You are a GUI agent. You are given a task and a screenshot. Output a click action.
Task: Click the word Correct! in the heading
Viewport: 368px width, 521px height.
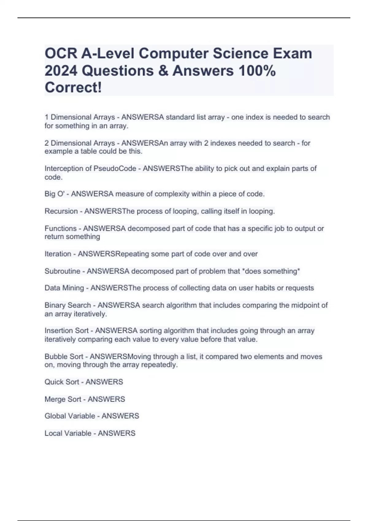point(73,88)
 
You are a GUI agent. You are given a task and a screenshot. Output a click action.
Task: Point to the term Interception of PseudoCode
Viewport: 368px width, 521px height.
point(90,169)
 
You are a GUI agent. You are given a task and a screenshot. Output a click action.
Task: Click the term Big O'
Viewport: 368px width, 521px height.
point(55,194)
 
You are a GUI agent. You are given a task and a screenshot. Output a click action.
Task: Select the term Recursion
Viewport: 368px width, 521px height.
point(61,211)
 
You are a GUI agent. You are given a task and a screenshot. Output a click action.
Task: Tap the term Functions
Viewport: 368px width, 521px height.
point(60,228)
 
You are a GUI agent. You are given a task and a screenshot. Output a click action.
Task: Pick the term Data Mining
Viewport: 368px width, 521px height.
point(64,288)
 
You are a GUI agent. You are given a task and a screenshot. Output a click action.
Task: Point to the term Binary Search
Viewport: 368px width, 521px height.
point(68,305)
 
